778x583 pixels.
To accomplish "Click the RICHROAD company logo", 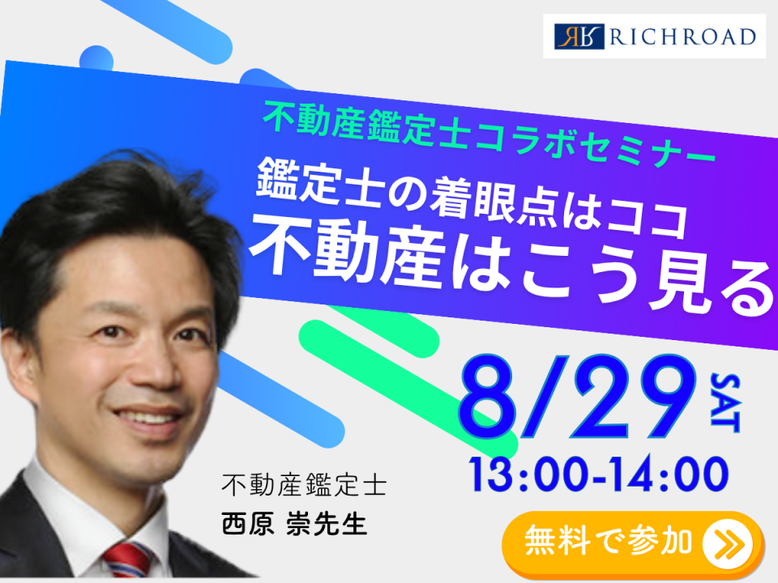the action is tap(655, 36).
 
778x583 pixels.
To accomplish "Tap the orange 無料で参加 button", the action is tap(633, 543).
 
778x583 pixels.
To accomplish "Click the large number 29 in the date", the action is tap(636, 397).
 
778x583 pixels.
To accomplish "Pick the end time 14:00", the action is tap(670, 474).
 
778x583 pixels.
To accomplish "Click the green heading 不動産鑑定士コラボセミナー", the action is tap(489, 132).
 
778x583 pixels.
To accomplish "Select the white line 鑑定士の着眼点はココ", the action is tap(472, 198).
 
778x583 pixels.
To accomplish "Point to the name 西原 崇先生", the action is tap(294, 525).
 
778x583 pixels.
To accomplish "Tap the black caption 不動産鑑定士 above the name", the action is tap(304, 485).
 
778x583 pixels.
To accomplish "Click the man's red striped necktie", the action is tap(127, 560).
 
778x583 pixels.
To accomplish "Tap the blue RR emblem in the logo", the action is tap(579, 36).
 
